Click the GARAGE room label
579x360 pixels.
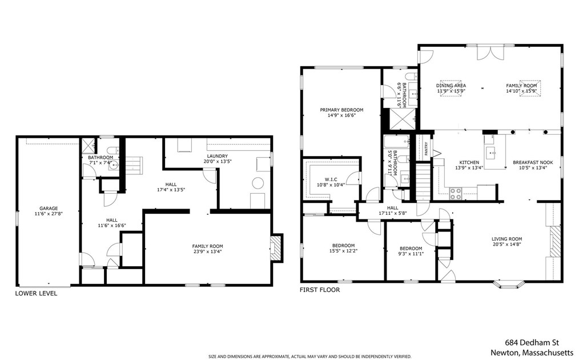point(49,209)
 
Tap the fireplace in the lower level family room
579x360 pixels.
point(276,249)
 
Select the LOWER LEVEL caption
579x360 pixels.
point(36,294)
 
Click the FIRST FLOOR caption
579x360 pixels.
point(320,290)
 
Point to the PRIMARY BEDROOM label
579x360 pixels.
point(341,110)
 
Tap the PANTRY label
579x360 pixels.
point(426,149)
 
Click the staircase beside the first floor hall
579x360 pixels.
point(424,182)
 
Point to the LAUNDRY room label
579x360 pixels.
point(217,156)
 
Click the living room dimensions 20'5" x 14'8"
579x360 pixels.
point(506,244)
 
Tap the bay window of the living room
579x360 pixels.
point(509,284)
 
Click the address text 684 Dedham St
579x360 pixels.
point(532,343)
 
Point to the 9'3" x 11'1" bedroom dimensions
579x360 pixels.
point(411,254)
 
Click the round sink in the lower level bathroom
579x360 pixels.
point(114,166)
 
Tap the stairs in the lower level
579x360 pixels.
point(133,165)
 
